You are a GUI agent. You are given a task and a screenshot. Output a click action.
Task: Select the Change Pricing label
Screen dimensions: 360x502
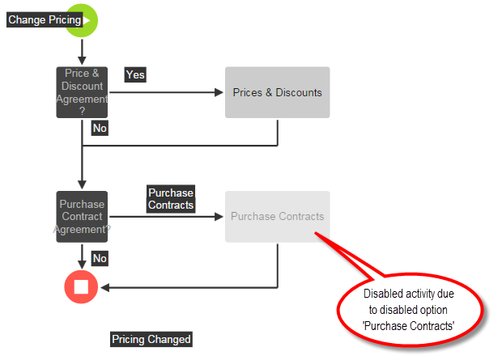click(45, 20)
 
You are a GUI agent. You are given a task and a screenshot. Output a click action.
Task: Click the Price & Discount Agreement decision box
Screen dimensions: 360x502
click(82, 92)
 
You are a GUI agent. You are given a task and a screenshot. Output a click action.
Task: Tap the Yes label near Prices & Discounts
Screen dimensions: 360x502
click(135, 74)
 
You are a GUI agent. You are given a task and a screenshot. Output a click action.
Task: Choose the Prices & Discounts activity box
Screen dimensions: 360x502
click(277, 92)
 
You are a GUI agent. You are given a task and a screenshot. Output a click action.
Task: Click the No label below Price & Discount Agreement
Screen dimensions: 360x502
click(100, 128)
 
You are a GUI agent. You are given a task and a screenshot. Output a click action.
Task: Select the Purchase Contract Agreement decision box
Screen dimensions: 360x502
click(82, 217)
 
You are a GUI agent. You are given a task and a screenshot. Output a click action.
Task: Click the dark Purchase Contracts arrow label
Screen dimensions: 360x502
click(171, 199)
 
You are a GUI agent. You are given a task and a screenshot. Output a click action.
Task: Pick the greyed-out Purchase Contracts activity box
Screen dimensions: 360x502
click(277, 217)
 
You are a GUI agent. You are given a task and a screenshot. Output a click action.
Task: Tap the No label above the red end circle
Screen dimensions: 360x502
click(100, 258)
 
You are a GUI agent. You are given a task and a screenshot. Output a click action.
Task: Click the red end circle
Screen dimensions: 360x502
click(81, 286)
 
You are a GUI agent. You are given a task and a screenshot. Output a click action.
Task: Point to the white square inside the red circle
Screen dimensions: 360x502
click(81, 286)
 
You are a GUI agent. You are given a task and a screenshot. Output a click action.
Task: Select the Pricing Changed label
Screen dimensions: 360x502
click(151, 340)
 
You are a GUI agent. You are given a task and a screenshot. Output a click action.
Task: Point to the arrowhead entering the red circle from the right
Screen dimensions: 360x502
click(103, 286)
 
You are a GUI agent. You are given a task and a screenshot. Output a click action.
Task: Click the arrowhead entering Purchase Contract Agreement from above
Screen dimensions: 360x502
click(82, 185)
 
